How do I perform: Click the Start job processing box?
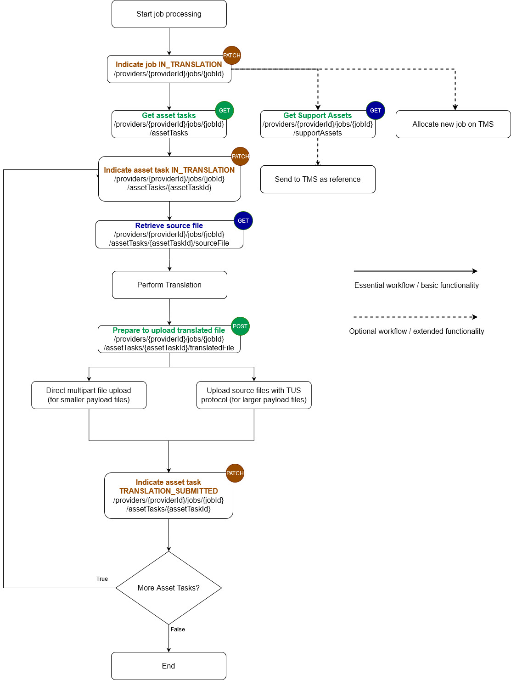point(169,14)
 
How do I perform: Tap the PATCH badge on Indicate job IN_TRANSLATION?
point(232,56)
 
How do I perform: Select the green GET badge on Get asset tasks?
point(225,111)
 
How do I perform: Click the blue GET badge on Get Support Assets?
point(375,111)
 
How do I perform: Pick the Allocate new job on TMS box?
point(453,124)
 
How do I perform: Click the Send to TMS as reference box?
point(318,180)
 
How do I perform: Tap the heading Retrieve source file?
point(169,225)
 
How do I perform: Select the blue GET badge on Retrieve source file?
point(243,221)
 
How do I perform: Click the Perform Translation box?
point(169,285)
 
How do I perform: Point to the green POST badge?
point(240,326)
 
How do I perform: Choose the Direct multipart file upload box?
point(89,395)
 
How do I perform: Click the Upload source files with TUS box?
point(254,395)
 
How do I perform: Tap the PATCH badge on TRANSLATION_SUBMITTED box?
point(235,473)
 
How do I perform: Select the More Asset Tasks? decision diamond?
point(169,588)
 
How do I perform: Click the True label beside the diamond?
point(102,579)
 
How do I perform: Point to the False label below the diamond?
point(178,629)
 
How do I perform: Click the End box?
point(168,666)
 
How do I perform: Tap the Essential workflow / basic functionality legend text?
point(416,286)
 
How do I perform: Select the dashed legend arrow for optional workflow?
point(416,317)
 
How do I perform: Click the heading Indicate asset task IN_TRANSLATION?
point(169,170)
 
